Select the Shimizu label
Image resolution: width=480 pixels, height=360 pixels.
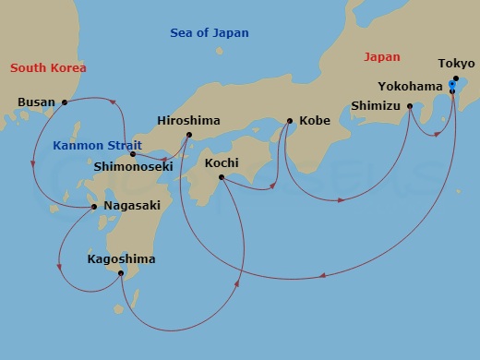[x=376, y=105]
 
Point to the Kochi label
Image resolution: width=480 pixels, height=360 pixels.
[x=222, y=162]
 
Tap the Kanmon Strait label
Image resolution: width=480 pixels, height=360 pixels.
[x=96, y=145]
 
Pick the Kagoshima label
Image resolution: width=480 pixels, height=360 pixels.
[x=121, y=259]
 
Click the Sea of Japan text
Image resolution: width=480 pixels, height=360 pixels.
[x=210, y=33]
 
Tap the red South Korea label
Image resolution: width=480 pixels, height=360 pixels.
[x=48, y=68]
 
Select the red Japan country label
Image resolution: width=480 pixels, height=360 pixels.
[x=382, y=56]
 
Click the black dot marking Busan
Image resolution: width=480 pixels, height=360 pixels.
[x=65, y=102]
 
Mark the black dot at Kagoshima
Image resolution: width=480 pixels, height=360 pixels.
[x=121, y=273]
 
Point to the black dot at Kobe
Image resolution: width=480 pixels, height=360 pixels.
[x=290, y=121]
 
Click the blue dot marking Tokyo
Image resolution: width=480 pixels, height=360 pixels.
[x=451, y=85]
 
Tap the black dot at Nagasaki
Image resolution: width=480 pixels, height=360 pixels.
[x=95, y=207]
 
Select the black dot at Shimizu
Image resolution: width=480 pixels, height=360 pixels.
[x=410, y=106]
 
